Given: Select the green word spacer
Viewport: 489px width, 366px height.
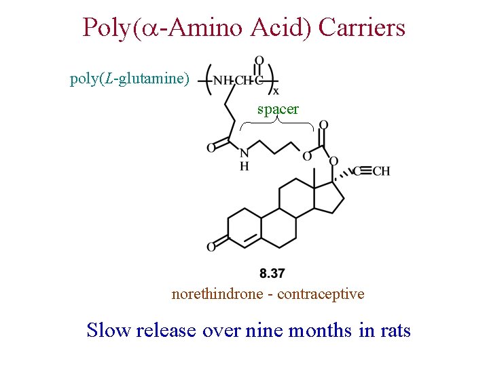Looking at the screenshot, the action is click(x=278, y=108).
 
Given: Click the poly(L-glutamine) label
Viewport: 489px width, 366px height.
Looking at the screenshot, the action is click(x=129, y=79).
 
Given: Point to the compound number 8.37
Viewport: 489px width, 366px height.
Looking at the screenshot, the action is click(x=272, y=273).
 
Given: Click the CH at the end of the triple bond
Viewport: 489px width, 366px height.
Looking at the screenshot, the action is click(x=381, y=171).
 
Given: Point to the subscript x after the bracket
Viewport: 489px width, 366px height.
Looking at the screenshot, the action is click(x=275, y=91).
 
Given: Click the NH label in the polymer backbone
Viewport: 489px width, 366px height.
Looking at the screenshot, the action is click(x=221, y=81).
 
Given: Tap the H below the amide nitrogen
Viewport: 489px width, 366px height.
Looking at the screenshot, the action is click(x=244, y=166).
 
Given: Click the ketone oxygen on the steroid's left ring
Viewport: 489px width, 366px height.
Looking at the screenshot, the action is click(x=211, y=247).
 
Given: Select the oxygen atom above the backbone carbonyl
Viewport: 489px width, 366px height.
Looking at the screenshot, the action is click(x=259, y=61).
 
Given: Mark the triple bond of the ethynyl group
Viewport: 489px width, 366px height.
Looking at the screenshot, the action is click(x=362, y=171).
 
